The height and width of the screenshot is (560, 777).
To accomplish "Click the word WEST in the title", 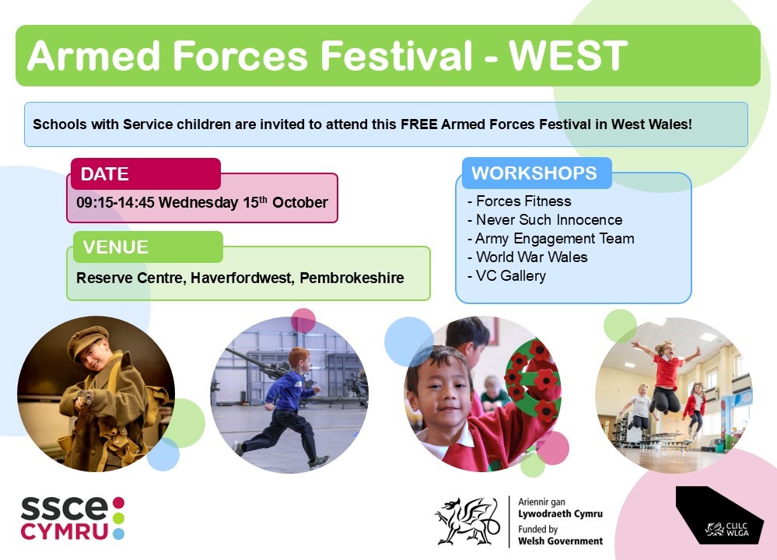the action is tap(569, 55).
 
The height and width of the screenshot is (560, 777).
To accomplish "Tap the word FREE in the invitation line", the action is tap(418, 124).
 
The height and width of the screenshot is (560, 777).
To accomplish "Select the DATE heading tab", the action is tap(145, 174).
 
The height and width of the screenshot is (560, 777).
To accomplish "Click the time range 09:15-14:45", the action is tap(115, 203).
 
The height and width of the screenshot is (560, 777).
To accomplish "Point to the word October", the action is tap(299, 203).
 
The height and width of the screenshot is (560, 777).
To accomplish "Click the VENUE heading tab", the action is tap(148, 247).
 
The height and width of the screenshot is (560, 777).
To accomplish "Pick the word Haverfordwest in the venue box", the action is tap(243, 278).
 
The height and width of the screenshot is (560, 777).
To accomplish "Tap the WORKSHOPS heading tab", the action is tap(537, 173).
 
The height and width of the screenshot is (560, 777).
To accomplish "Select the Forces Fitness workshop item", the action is tap(519, 201).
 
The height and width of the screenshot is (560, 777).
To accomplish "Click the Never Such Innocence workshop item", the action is tap(544, 220).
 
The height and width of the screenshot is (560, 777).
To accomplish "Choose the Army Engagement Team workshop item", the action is tap(551, 239).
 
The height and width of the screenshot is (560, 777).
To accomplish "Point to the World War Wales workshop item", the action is tap(527, 257).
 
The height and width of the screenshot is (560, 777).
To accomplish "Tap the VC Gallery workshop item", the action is tap(506, 276).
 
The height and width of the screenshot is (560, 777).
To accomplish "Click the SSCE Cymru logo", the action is tap(72, 518).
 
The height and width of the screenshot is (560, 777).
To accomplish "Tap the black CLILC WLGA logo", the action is tap(719, 516).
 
